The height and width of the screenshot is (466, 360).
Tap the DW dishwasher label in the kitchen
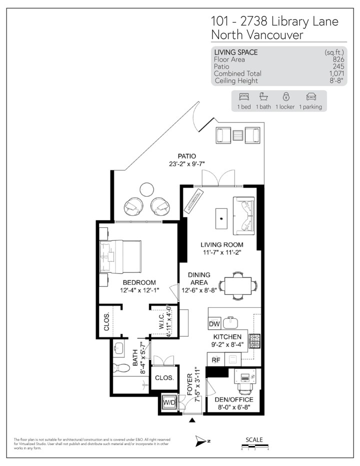click(214, 324)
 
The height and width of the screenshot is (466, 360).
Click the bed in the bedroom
click(120, 256)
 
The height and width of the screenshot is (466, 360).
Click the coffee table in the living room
click(220, 216)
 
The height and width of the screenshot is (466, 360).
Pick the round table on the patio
click(146, 189)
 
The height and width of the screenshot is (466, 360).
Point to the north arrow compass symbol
click(201, 440)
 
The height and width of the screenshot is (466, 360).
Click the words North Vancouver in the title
click(257, 35)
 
